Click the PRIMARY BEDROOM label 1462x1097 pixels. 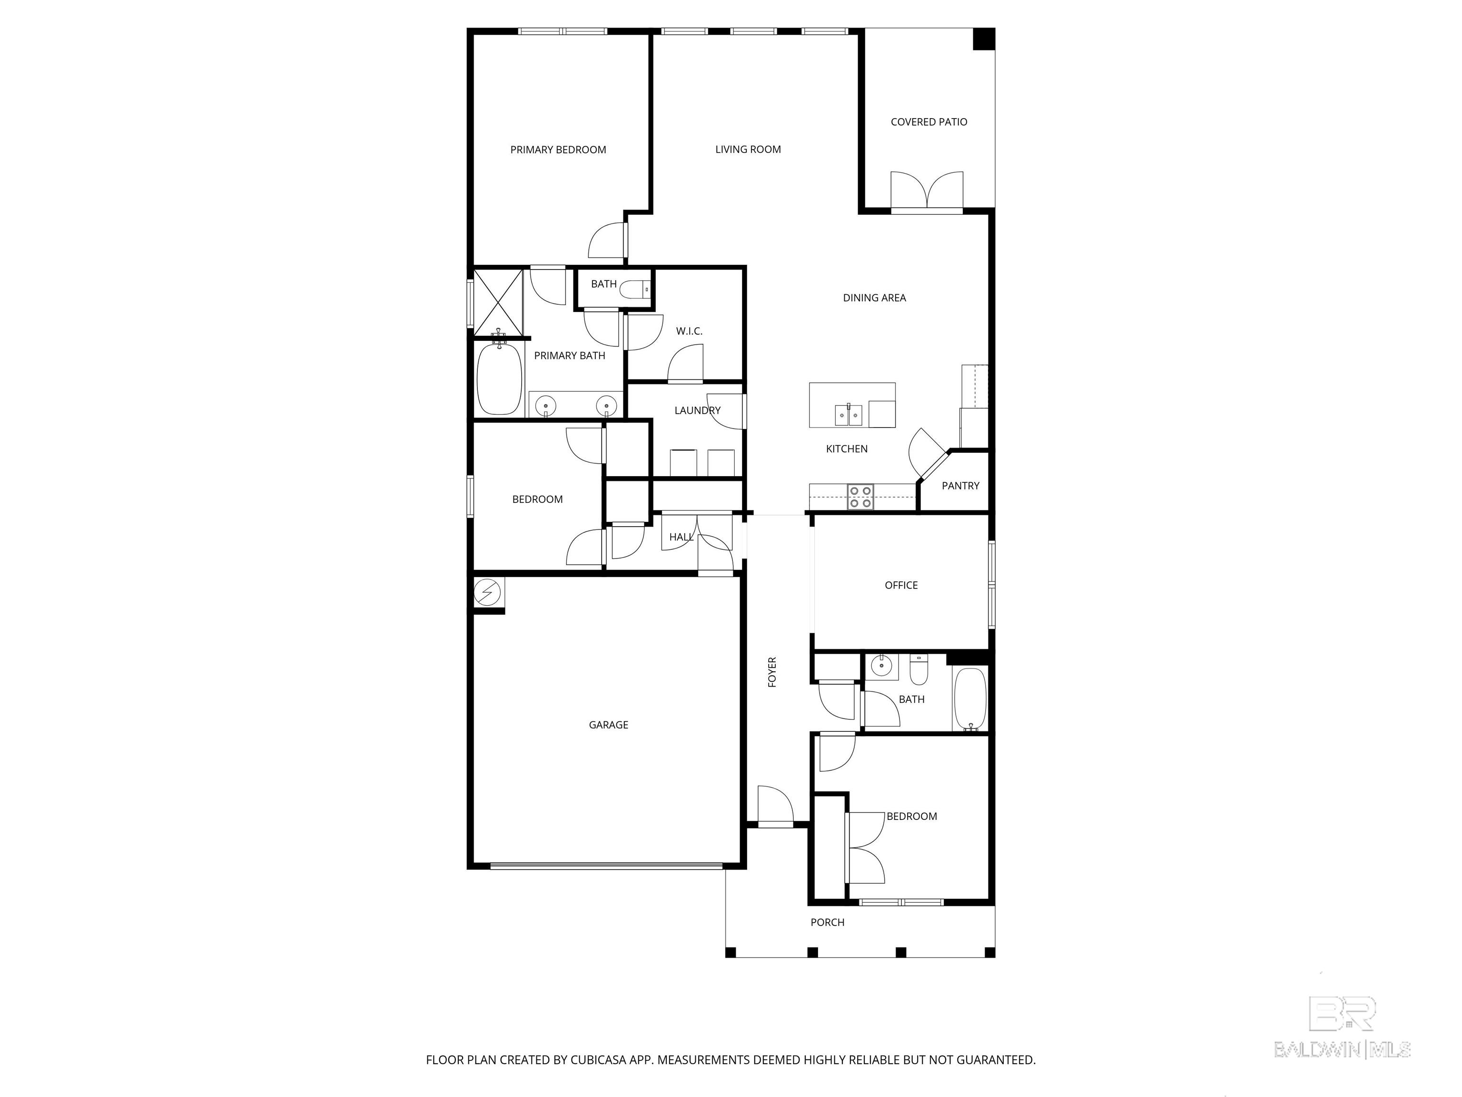pyautogui.click(x=558, y=150)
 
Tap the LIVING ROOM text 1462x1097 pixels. pyautogui.click(x=748, y=150)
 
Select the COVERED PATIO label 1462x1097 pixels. pyautogui.click(x=928, y=122)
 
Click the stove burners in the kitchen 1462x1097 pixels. pyautogui.click(x=860, y=497)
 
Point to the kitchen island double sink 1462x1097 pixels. pyautogui.click(x=848, y=415)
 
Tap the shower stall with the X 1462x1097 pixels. pyautogui.click(x=498, y=301)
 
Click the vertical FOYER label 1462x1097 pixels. pyautogui.click(x=772, y=672)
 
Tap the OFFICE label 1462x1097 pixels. pyautogui.click(x=901, y=585)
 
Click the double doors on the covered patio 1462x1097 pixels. pyautogui.click(x=927, y=192)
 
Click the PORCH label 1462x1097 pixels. pyautogui.click(x=827, y=922)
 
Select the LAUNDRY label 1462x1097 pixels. pyautogui.click(x=697, y=410)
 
